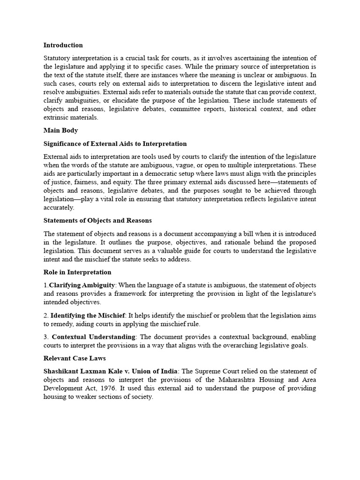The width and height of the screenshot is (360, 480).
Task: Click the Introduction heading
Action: click(x=63, y=45)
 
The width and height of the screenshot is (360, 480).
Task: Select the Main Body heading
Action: click(x=60, y=131)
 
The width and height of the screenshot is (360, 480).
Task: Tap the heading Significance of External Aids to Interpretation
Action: click(x=115, y=144)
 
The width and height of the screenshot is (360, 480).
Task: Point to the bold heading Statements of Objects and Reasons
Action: click(x=97, y=220)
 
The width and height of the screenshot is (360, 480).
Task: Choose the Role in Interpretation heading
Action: click(x=77, y=272)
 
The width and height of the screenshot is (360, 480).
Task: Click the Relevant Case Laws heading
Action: click(x=75, y=359)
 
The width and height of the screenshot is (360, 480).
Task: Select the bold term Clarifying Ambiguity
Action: click(x=82, y=285)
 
